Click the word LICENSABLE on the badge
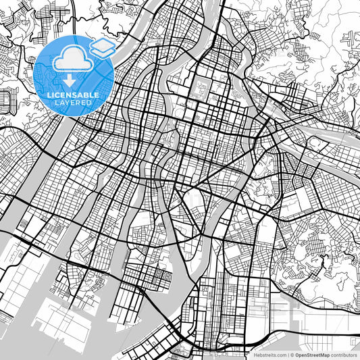tap(74, 95)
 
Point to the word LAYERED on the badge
tap(74, 102)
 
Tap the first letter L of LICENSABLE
tap(49, 95)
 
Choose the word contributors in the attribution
tap(344, 354)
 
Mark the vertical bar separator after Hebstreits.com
tap(288, 354)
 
